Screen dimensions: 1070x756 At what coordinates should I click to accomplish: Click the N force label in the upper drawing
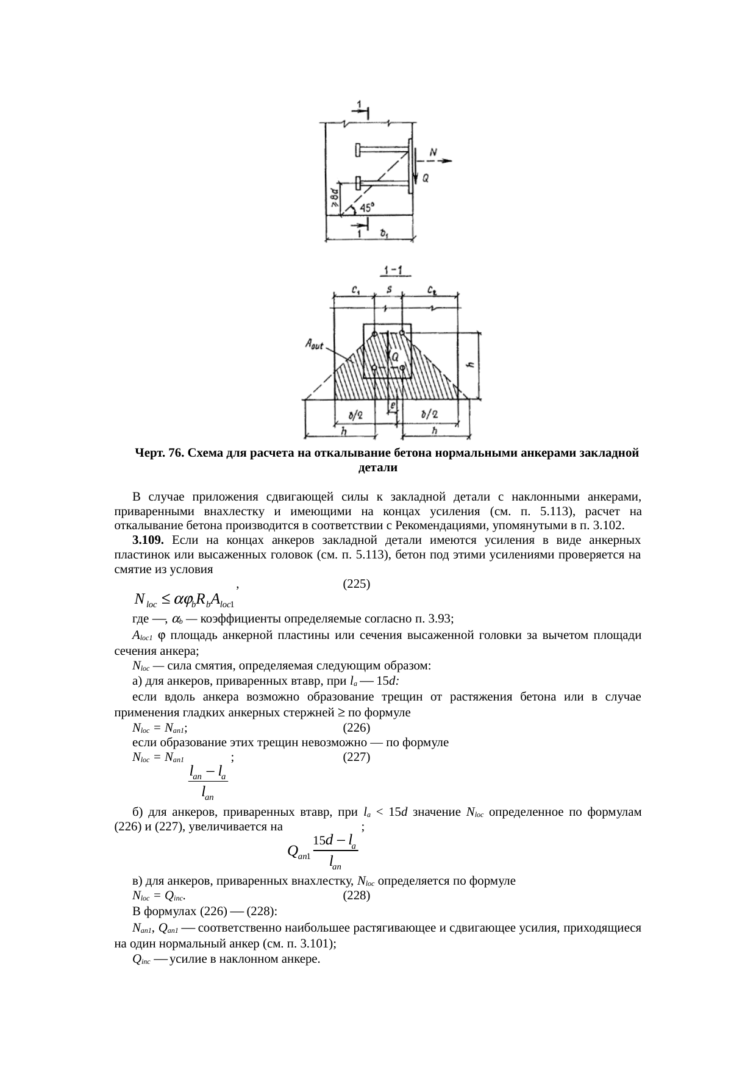[x=433, y=151]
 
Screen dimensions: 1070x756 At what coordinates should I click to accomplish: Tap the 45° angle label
[x=366, y=208]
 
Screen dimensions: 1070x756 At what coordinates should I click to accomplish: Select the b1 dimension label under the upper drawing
[x=384, y=233]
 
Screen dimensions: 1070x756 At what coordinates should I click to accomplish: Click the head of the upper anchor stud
[x=357, y=149]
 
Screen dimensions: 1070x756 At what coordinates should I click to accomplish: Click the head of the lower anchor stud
[x=357, y=182]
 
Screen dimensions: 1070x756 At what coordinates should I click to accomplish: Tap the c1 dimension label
[x=355, y=289]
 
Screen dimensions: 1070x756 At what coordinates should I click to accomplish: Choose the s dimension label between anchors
[x=389, y=289]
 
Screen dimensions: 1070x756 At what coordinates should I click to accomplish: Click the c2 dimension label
[x=430, y=289]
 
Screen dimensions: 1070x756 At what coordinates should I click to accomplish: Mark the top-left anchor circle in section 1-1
[x=374, y=333]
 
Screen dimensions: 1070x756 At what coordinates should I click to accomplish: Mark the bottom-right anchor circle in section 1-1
[x=402, y=368]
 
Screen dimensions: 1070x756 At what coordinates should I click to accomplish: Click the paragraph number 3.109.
[x=147, y=540]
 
